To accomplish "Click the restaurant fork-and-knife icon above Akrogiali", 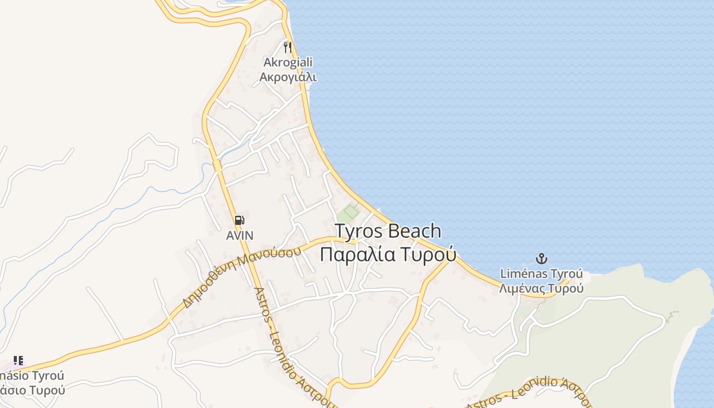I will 288,47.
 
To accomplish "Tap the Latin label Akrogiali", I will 288,62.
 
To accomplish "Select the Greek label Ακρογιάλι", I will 288,77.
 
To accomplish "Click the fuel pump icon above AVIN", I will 239,220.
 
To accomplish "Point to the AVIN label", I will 240,236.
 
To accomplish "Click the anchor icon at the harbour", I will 541,258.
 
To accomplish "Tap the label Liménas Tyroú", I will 541,274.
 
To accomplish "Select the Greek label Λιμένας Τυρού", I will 541,289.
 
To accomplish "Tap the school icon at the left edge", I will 18,361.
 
